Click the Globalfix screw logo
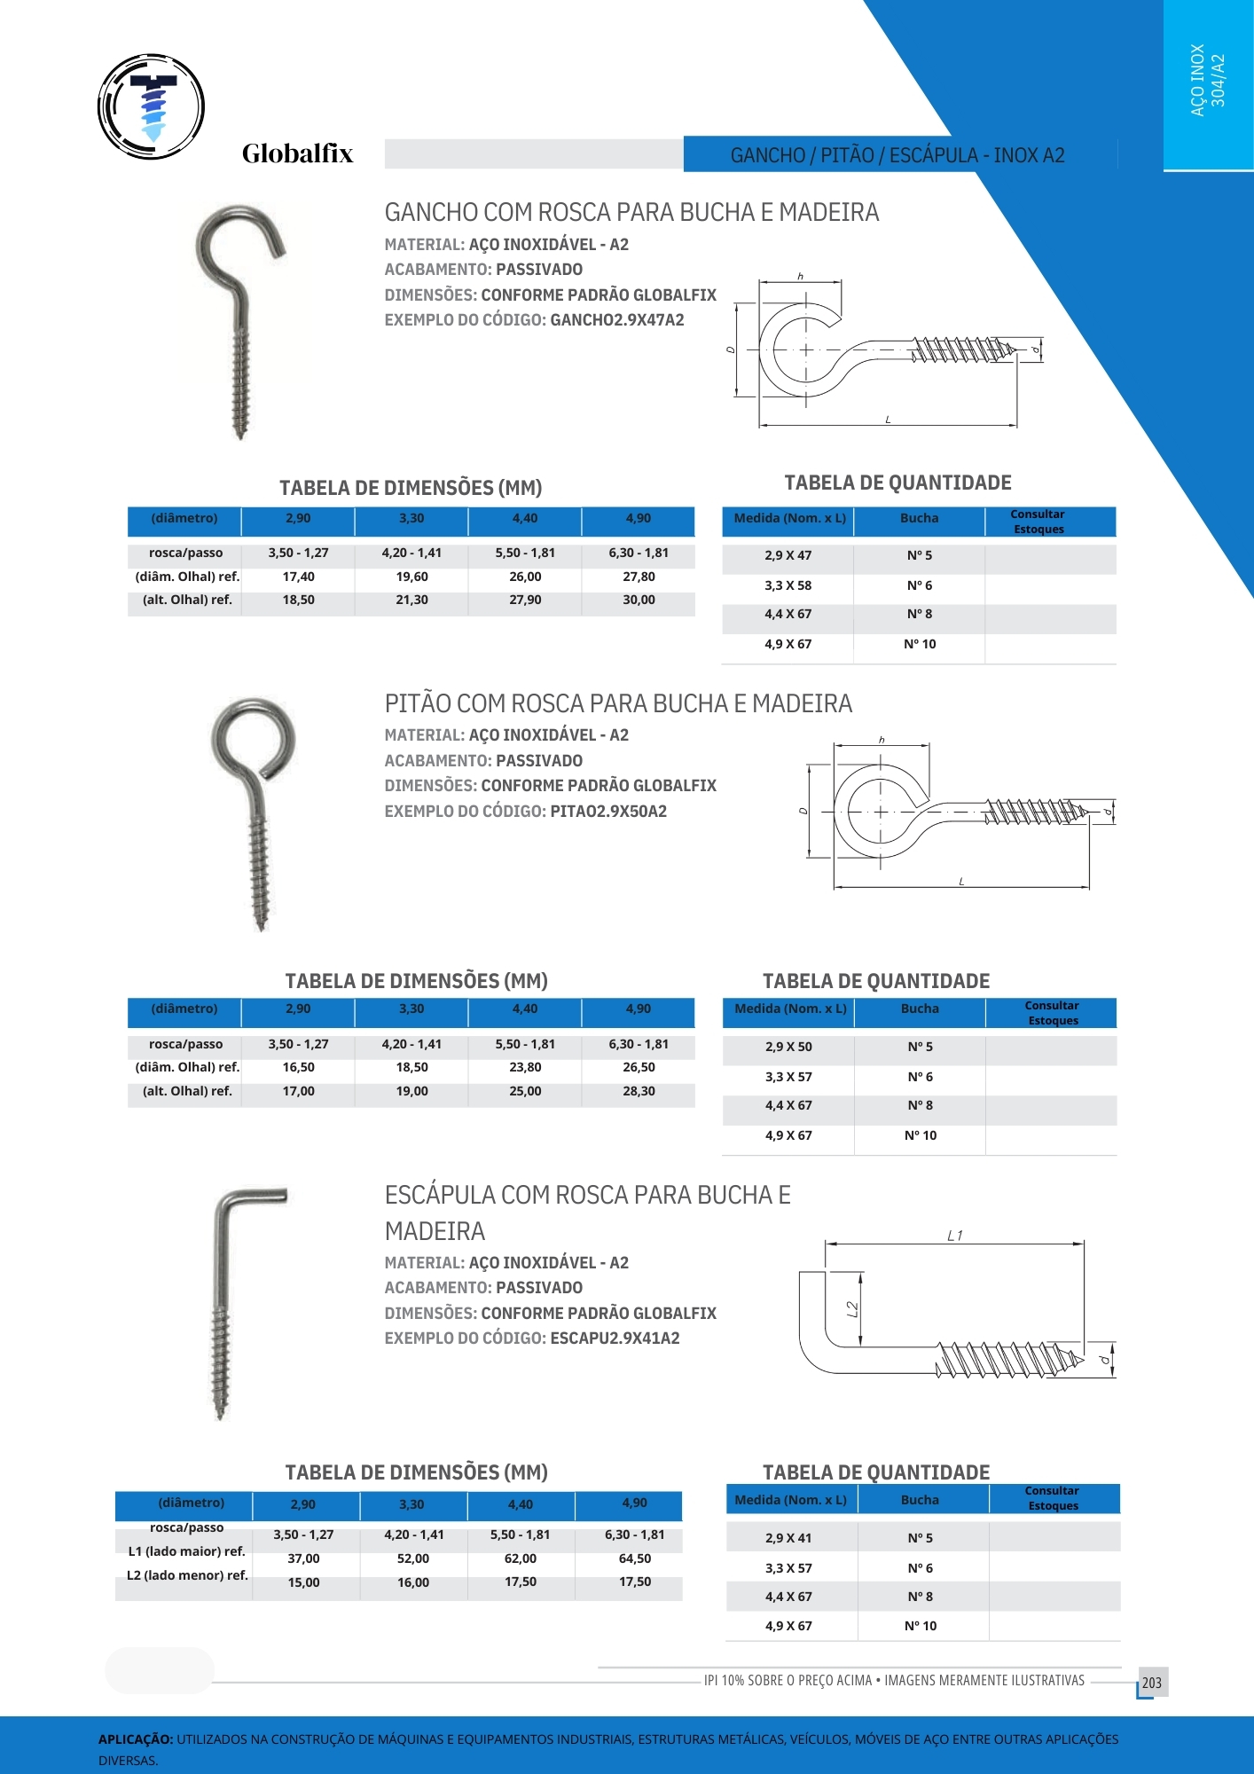pos(152,107)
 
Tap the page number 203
pos(1151,1683)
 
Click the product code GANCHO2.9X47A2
pos(617,320)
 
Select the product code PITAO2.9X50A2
pos(608,812)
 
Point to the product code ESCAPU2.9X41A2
pos(615,1338)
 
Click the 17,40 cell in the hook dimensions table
pos(299,577)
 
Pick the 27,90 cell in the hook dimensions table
pos(525,600)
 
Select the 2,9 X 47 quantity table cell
pos(788,556)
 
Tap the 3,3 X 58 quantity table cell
pos(788,586)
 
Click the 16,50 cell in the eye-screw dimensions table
pos(299,1068)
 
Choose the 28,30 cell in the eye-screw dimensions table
pos(639,1091)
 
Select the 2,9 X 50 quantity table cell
pos(788,1048)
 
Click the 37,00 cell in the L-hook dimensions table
pos(303,1559)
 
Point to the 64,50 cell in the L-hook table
pos(635,1559)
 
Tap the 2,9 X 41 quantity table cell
pos(788,1539)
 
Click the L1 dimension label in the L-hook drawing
pos(954,1236)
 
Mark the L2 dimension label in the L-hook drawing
pos(852,1309)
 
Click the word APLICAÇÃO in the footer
pos(136,1740)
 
